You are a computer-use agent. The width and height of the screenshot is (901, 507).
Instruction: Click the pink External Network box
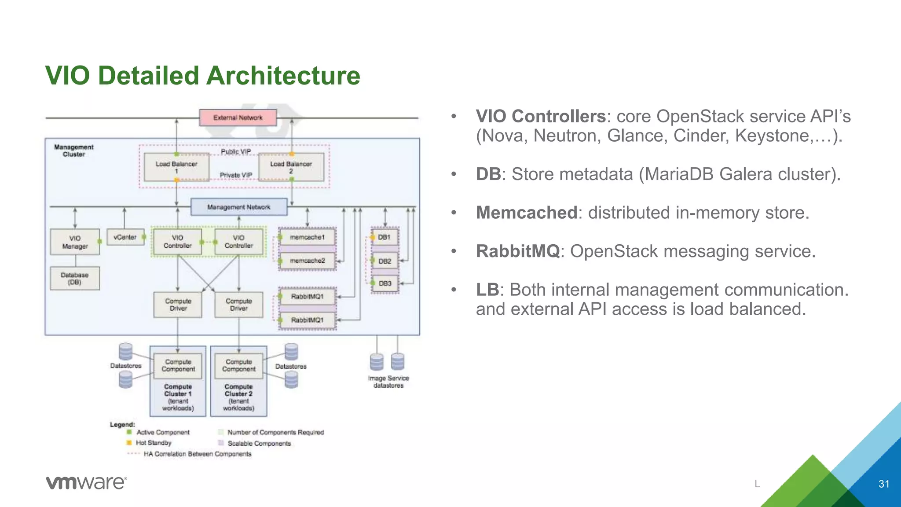pos(238,118)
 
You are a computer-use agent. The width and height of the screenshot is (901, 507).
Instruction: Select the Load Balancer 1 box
pos(176,167)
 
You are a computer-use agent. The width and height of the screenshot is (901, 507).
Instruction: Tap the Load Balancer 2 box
pos(291,167)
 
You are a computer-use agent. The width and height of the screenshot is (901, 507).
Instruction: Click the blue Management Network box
pos(239,207)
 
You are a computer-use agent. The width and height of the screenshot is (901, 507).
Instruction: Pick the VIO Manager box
pos(75,242)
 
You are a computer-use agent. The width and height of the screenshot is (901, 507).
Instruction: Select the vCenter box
pos(125,237)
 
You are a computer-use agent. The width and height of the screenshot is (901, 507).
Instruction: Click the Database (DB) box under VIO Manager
pos(75,278)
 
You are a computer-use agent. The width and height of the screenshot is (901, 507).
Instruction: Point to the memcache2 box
pos(308,261)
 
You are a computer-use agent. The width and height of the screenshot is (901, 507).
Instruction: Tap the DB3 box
pos(385,283)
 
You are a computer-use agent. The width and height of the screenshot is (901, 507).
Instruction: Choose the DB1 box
pos(385,237)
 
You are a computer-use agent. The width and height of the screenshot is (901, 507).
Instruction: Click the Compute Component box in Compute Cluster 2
pos(238,365)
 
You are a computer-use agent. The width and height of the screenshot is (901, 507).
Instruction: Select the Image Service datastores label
pos(388,382)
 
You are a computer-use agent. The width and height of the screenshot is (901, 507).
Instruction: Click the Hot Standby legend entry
pos(153,443)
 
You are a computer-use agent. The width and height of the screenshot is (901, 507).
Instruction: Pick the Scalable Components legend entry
pos(259,443)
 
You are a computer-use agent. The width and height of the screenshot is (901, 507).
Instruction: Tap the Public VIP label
pos(236,151)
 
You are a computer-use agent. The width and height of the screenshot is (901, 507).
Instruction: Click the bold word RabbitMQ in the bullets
pos(517,251)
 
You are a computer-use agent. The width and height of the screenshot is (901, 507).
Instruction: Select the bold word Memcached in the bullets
pos(526,213)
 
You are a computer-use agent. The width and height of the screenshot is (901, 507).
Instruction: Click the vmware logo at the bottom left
pos(86,482)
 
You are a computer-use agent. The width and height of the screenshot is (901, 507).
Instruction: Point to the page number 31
pos(884,484)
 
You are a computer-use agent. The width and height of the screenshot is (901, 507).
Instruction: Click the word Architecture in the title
pos(283,75)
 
